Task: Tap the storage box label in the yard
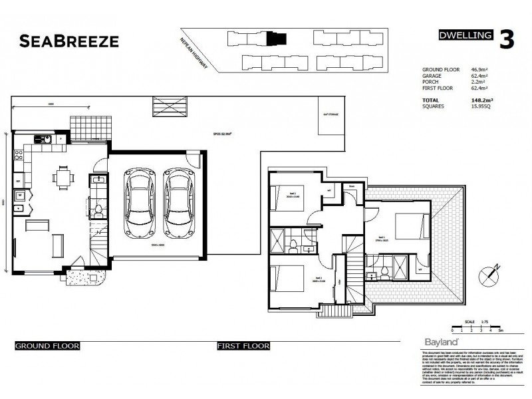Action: [331, 115]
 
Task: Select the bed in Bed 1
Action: [405, 227]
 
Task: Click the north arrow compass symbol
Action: [493, 271]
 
